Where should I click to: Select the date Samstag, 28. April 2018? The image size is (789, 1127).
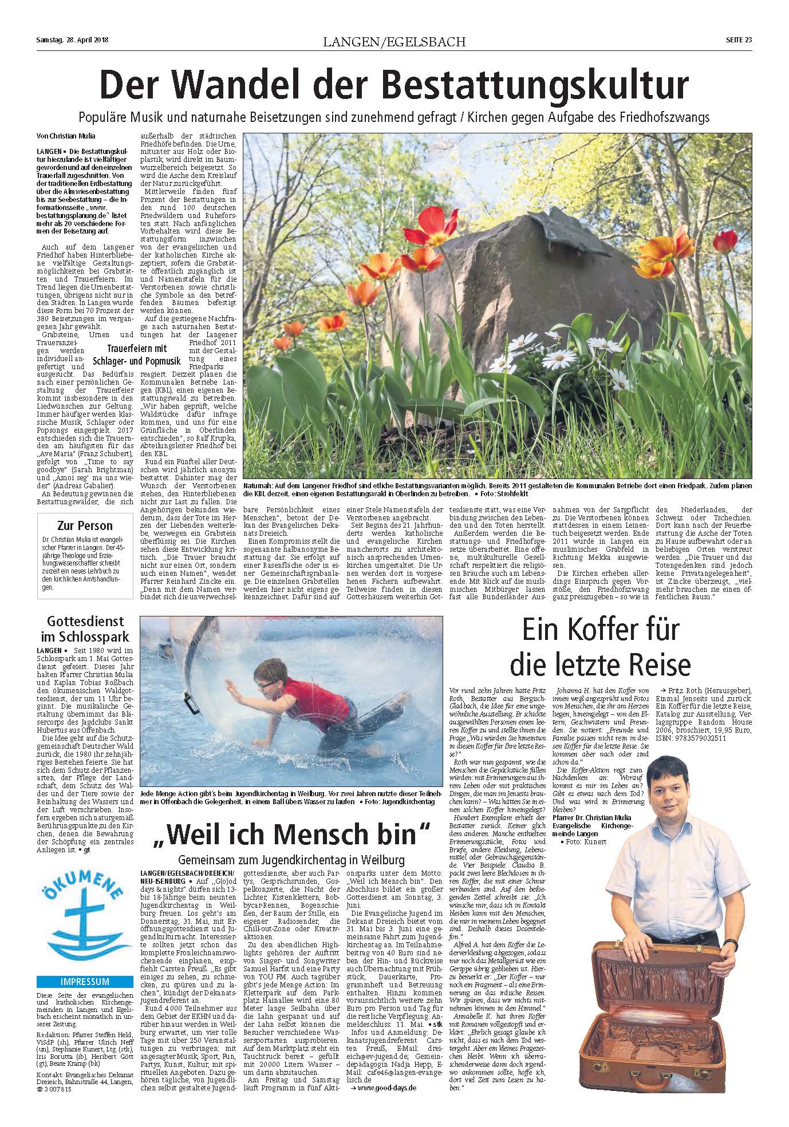tap(72, 40)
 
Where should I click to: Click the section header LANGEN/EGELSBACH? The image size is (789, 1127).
tap(394, 41)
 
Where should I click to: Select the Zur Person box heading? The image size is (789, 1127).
tap(85, 525)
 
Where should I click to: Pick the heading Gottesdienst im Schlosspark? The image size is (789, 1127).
tap(85, 628)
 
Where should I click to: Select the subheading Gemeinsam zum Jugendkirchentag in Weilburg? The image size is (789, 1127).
tap(291, 859)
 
